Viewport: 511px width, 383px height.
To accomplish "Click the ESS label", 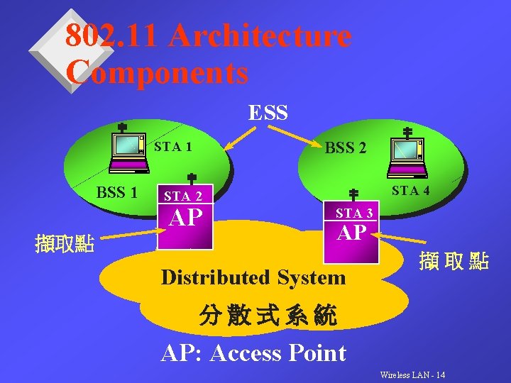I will coord(268,113).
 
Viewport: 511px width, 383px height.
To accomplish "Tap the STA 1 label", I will coord(172,148).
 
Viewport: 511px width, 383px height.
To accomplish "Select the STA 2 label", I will coord(183,196).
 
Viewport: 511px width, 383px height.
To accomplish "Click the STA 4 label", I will coord(411,190).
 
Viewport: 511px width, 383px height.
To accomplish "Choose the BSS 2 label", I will coord(346,148).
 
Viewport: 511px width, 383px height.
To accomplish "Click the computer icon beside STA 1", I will coord(128,152).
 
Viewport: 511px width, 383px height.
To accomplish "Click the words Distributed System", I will coord(253,277).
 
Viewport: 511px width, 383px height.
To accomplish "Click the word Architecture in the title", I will coord(260,36).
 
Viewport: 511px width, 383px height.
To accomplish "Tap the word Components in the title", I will coord(157,72).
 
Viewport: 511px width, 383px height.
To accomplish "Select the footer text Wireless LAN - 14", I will coord(413,374).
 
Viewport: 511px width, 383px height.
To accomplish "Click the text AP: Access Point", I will coord(253,352).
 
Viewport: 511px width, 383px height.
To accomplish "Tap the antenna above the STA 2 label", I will coord(191,180).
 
